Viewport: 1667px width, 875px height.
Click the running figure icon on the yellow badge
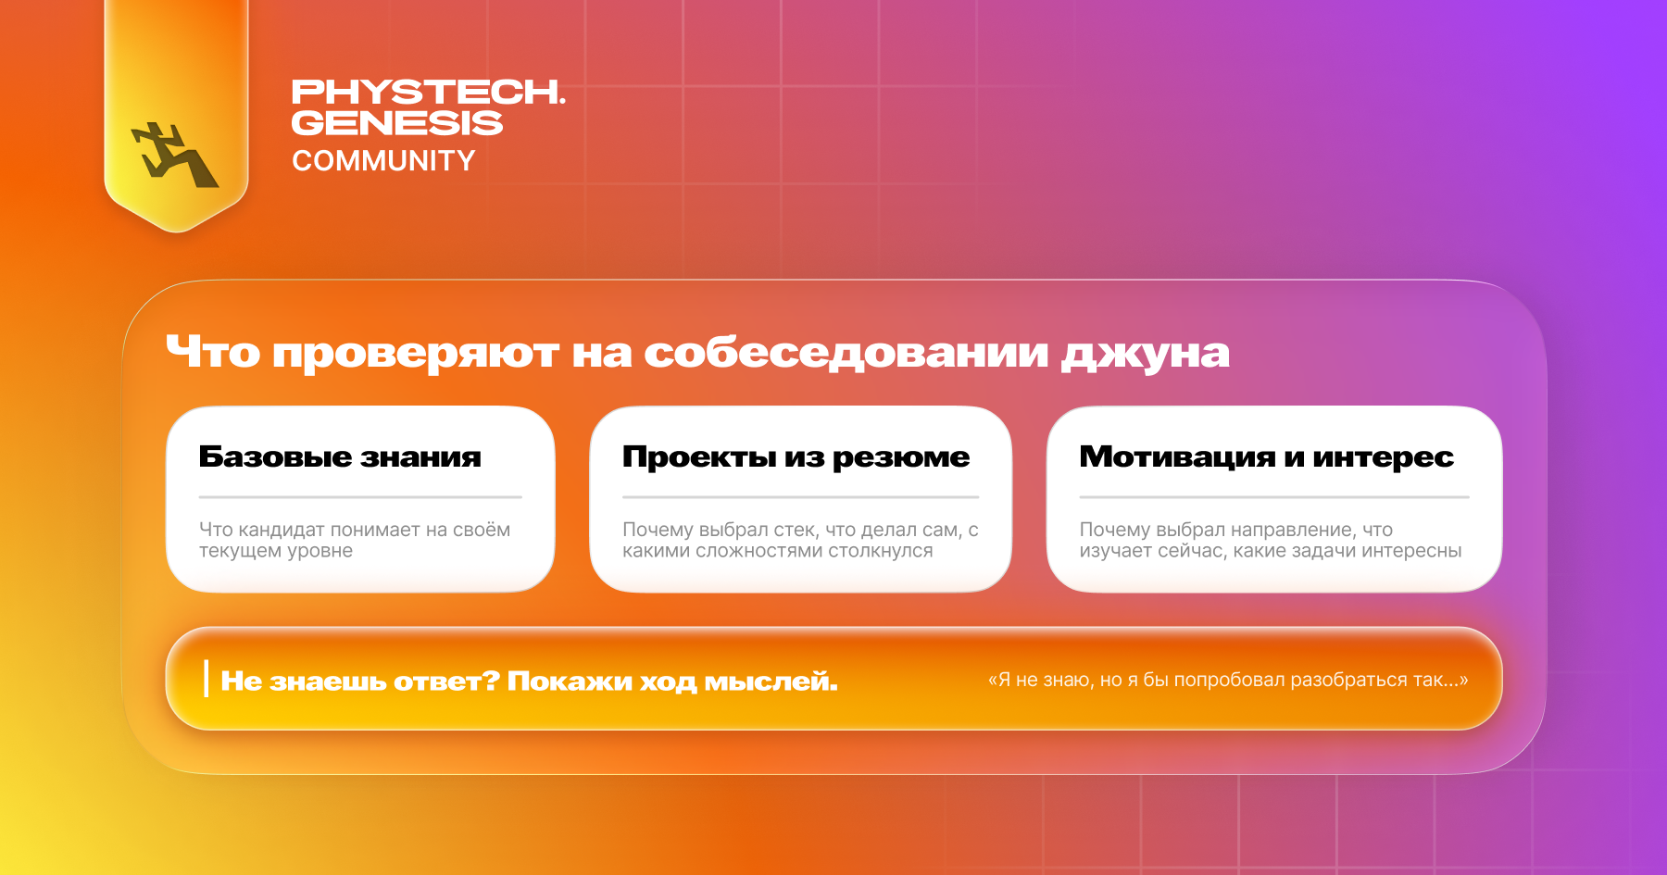point(174,155)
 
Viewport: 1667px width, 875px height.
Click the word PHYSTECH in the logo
point(427,92)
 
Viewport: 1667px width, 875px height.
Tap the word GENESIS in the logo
point(397,123)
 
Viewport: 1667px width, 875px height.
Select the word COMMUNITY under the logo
point(383,161)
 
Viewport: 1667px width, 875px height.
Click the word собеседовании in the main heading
point(846,353)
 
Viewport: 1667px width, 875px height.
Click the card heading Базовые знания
point(340,456)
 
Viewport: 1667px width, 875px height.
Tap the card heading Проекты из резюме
point(796,457)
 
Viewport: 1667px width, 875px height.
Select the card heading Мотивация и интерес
point(1266,457)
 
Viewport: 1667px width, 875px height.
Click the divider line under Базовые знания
point(360,497)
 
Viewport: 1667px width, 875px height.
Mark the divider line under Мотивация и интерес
point(1274,497)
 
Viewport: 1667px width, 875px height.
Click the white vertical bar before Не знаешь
point(206,679)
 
